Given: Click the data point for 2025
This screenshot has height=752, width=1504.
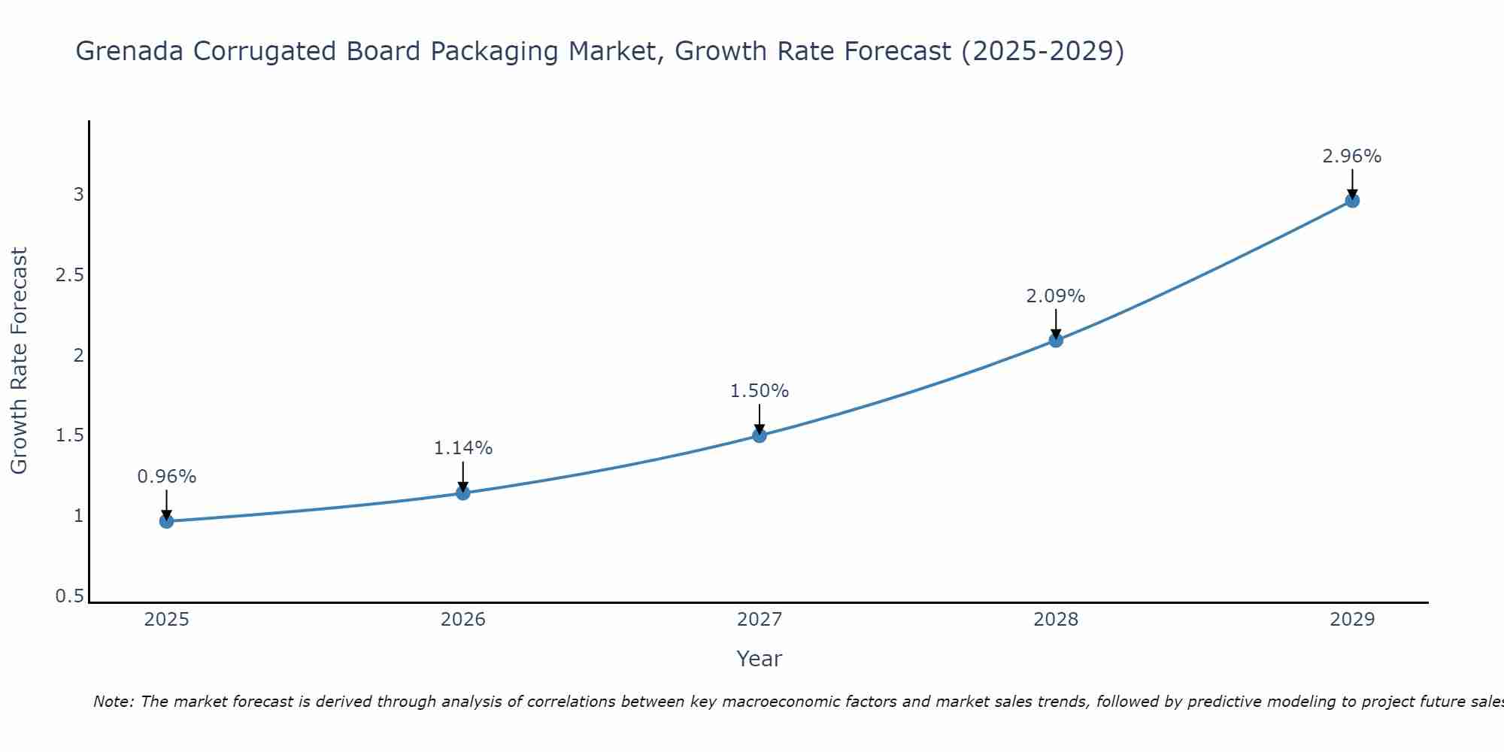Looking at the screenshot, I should pyautogui.click(x=166, y=521).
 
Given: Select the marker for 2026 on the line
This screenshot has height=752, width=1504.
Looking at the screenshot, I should pyautogui.click(x=463, y=493).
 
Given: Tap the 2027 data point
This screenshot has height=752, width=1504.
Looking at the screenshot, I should pyautogui.click(x=760, y=435).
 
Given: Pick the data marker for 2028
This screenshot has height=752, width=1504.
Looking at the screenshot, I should pyautogui.click(x=1056, y=340).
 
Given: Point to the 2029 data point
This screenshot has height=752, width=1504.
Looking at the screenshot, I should pyautogui.click(x=1352, y=201).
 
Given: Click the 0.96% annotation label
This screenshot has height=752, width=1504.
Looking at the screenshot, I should pyautogui.click(x=166, y=477).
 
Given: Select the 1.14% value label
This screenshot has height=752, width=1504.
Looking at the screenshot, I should pyautogui.click(x=463, y=448).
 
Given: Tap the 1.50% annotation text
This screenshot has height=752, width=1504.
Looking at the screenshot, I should pyautogui.click(x=760, y=391).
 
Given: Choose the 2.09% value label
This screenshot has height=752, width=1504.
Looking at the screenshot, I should pyautogui.click(x=1056, y=296).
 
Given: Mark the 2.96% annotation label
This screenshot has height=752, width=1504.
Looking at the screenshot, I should pyautogui.click(x=1352, y=156).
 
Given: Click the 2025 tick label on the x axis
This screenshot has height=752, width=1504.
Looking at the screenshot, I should pyautogui.click(x=166, y=620).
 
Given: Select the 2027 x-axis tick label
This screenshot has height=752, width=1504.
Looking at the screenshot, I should pyautogui.click(x=760, y=620).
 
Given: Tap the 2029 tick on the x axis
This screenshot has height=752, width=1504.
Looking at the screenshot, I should pyautogui.click(x=1352, y=620).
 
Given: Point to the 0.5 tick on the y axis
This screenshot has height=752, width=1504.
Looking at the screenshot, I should pyautogui.click(x=69, y=596).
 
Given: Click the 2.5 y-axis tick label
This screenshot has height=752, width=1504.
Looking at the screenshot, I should pyautogui.click(x=69, y=275).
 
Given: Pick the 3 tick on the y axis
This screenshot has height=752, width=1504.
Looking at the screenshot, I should pyautogui.click(x=78, y=195).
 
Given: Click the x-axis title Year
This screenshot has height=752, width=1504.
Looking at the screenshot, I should pyautogui.click(x=760, y=659).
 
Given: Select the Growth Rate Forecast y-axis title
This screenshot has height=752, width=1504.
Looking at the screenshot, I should pyautogui.click(x=19, y=361).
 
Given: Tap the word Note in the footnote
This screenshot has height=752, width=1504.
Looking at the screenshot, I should pyautogui.click(x=113, y=702).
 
